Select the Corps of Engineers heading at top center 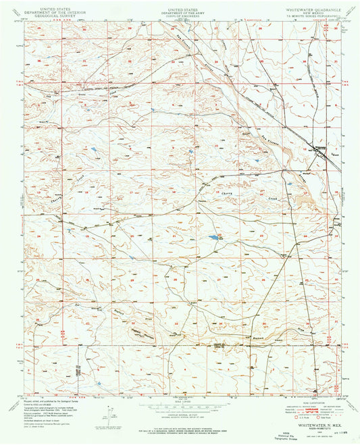pyautogui.click(x=180, y=14)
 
